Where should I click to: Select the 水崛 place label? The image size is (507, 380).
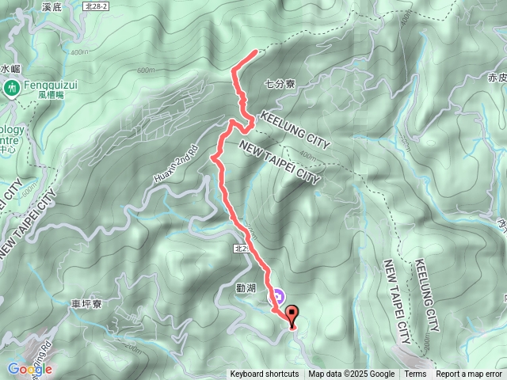pos(10,69)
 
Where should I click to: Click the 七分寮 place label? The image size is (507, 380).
pos(280,82)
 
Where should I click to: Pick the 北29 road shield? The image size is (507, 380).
pos(243,249)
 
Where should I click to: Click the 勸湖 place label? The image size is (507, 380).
pos(246,288)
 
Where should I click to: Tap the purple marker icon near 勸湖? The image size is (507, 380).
pos(278,298)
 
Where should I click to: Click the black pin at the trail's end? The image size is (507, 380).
pos(292,315)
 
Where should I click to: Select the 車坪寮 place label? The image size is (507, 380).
pos(87,303)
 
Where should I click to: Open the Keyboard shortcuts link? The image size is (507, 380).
pos(265,374)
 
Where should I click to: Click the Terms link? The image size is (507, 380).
pos(415,374)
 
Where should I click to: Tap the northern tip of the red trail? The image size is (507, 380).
pos(255,52)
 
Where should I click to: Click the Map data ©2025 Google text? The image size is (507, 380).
pos(352,374)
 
